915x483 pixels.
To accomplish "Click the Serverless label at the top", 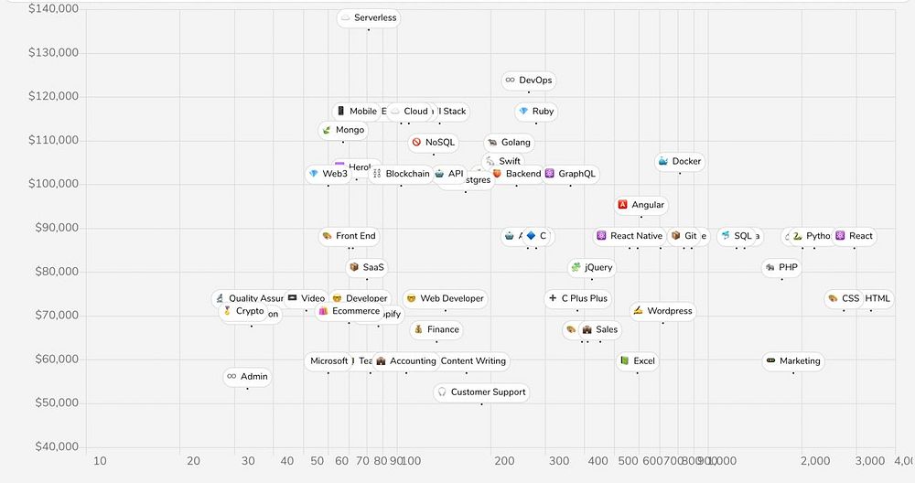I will point(369,17).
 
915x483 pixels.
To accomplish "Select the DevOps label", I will point(529,80).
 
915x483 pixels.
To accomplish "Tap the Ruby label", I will point(536,112).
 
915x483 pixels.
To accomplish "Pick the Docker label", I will point(680,162).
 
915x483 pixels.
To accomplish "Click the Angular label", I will point(641,206).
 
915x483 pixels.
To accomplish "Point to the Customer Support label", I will point(481,392).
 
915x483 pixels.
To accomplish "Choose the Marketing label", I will point(793,361).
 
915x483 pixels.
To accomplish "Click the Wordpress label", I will point(662,311).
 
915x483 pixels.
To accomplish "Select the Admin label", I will point(247,377).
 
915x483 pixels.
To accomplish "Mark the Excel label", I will point(637,361).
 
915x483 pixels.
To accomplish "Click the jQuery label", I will point(591,268).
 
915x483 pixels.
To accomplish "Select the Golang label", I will point(509,143).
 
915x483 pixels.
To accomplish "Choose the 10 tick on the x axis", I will point(100,461).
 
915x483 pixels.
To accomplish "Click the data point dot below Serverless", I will point(369,30).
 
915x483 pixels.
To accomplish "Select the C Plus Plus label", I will point(577,298).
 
